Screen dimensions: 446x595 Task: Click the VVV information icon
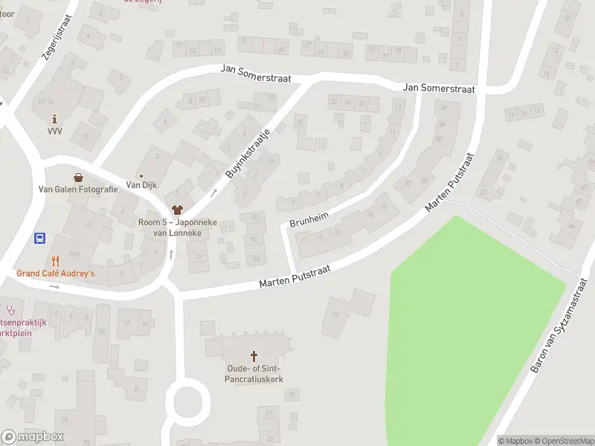coord(54,119)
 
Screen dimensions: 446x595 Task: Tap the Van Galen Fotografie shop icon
coord(78,178)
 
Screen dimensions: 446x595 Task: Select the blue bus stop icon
coord(39,239)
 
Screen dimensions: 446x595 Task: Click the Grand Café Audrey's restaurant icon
coord(55,261)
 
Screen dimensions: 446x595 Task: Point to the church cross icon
coord(254,357)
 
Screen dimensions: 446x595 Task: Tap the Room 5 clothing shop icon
coord(177,210)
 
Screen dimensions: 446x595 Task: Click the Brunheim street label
coord(309,216)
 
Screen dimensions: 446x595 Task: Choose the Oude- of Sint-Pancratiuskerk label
coord(255,374)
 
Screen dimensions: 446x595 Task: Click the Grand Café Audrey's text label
coord(56,274)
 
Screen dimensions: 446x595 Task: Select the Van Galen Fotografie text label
coord(78,189)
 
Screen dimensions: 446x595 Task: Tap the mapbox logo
coord(33,436)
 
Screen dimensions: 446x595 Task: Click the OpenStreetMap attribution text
coord(563,441)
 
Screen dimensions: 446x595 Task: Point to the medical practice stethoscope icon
coord(10,308)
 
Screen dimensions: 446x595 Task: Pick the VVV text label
coord(54,131)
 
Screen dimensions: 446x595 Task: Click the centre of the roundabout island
coord(187,404)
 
